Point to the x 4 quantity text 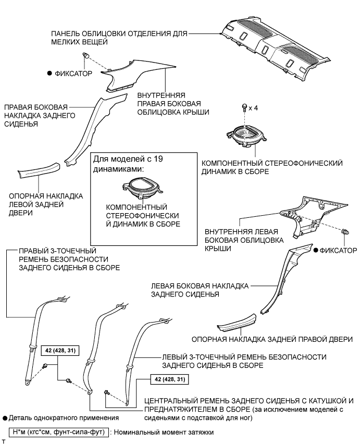(x=254, y=108)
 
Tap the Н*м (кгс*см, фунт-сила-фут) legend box (x=58, y=432)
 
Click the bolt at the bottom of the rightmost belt (x=107, y=391)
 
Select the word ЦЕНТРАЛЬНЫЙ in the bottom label (x=176, y=401)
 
